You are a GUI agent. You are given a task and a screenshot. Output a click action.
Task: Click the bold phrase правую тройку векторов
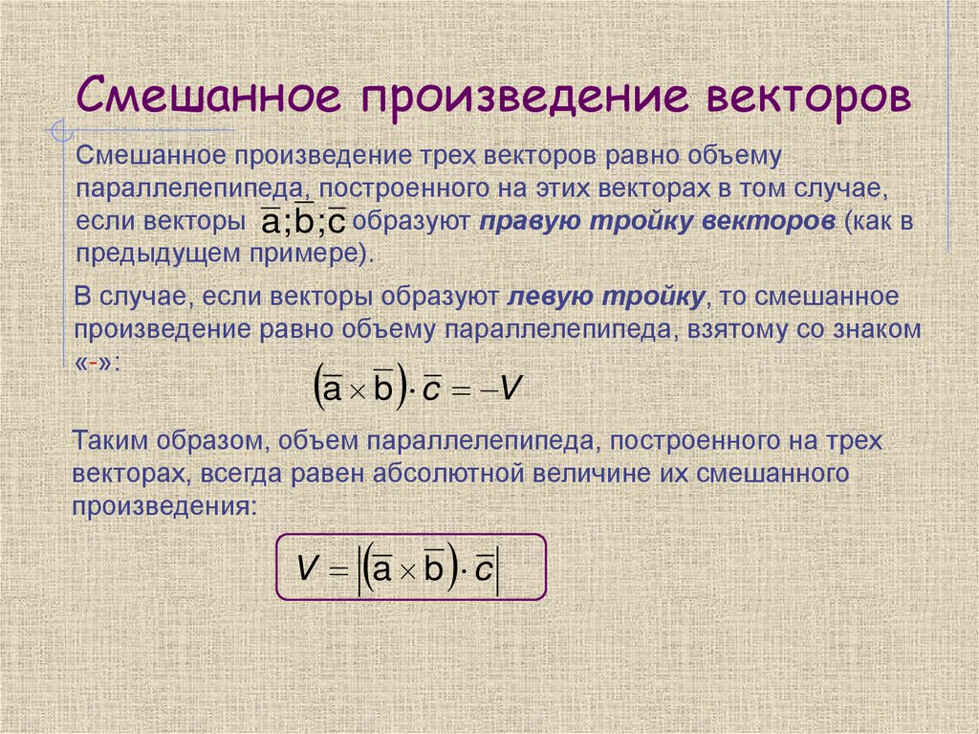tap(658, 222)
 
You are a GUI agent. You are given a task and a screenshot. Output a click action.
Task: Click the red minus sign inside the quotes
tap(96, 365)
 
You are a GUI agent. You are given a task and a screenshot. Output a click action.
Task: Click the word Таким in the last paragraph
tap(106, 441)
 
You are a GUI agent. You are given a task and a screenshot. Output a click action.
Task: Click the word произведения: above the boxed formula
tap(164, 505)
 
